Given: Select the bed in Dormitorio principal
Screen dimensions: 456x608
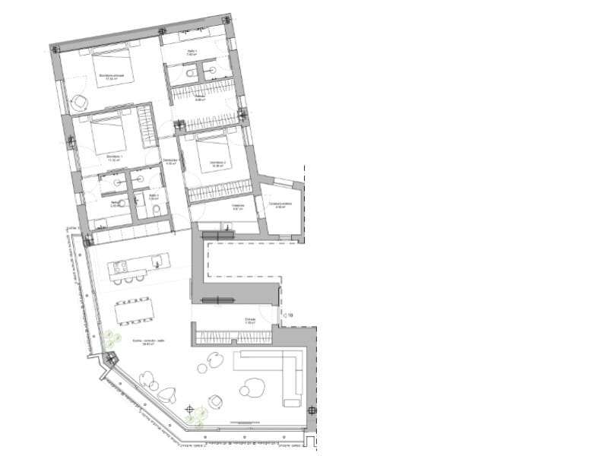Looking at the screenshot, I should (115, 67).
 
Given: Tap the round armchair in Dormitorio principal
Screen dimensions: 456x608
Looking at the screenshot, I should (78, 103).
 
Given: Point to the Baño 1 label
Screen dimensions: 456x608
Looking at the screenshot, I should (192, 52).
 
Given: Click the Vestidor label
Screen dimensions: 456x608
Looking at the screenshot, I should (199, 98).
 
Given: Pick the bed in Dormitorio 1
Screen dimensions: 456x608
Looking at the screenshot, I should (108, 137).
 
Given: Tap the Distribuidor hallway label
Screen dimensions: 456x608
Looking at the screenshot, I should (171, 161).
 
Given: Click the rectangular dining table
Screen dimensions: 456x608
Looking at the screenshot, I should (135, 310).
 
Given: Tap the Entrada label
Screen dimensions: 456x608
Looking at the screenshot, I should (250, 319).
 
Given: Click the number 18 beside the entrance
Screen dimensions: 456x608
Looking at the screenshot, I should (289, 313).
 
